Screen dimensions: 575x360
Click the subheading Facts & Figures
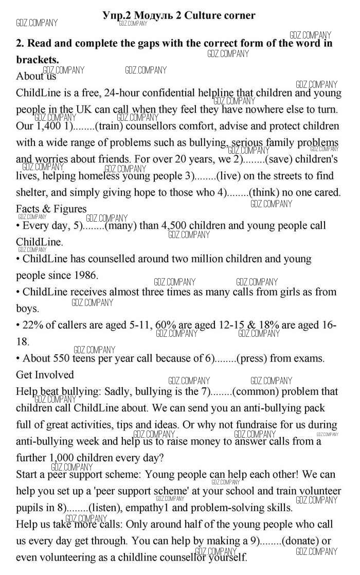pos(51,209)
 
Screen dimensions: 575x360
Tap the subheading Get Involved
pos(45,374)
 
